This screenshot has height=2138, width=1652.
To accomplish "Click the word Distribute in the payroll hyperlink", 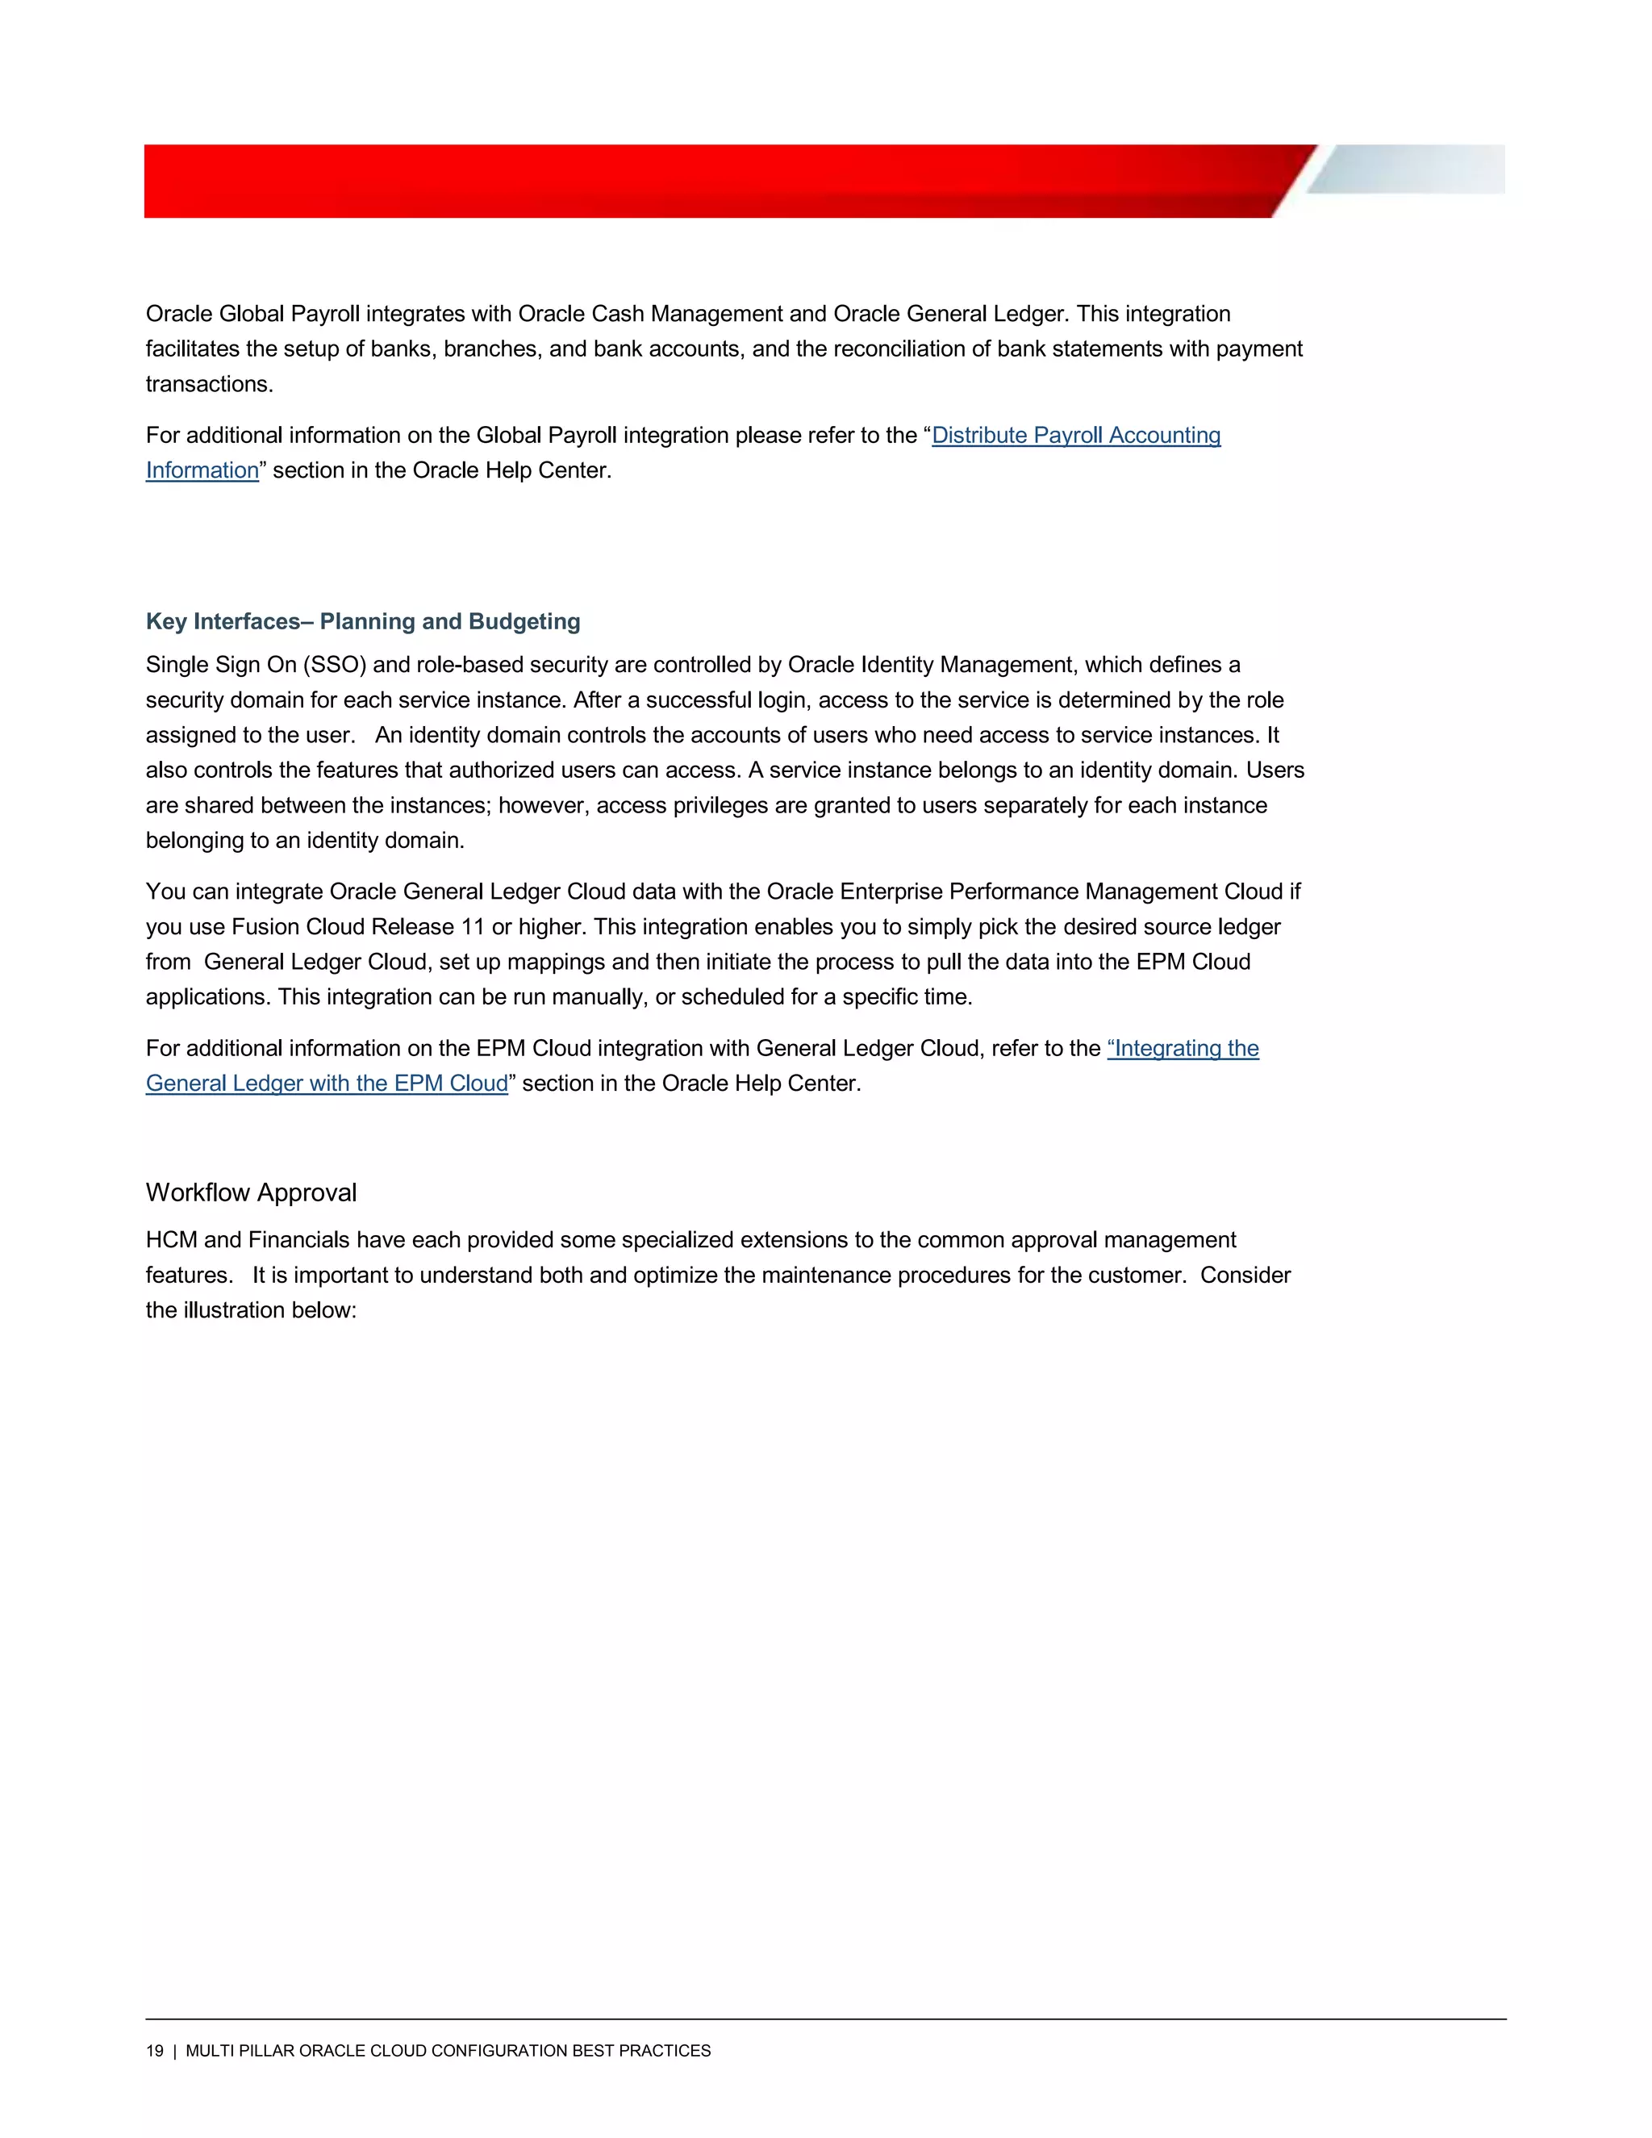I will (x=978, y=436).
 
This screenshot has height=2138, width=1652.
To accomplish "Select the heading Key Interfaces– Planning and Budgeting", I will (x=363, y=621).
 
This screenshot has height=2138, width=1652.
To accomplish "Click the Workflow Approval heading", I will (x=251, y=1192).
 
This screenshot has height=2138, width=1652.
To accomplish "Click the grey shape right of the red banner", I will (x=1409, y=169).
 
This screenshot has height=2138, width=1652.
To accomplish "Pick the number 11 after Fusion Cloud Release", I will (x=473, y=927).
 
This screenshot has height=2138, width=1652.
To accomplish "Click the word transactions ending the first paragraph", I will (x=208, y=385).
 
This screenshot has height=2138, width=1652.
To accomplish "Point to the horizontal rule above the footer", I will (x=825, y=2019).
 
